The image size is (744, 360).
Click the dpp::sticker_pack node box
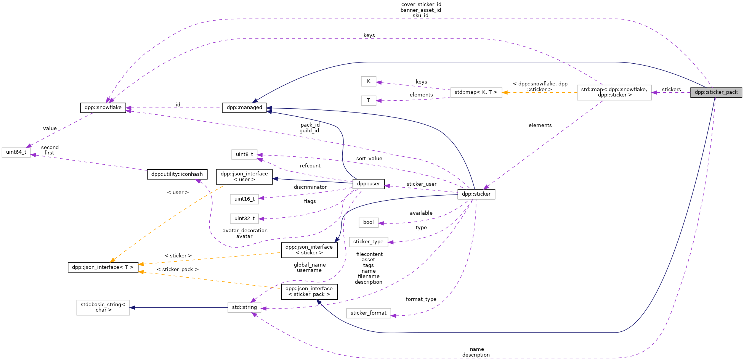click(x=716, y=92)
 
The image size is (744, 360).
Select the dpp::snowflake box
click(x=103, y=108)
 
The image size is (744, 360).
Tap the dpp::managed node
click(x=244, y=108)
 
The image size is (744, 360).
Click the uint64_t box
click(x=16, y=152)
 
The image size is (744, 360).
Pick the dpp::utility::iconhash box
click(x=177, y=174)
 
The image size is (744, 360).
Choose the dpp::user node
click(x=368, y=184)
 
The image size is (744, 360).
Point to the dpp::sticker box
click(x=476, y=194)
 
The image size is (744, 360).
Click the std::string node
click(x=244, y=307)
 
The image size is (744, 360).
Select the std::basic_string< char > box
click(x=103, y=307)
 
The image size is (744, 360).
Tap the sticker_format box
click(x=368, y=313)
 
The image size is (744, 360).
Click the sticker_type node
click(x=368, y=242)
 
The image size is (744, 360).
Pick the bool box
click(x=368, y=222)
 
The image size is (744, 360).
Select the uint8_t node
click(x=244, y=154)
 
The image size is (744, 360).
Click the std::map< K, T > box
click(x=476, y=92)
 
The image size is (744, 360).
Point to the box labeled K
click(x=368, y=81)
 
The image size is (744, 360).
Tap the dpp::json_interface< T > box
click(x=103, y=267)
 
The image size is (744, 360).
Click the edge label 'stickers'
click(x=671, y=90)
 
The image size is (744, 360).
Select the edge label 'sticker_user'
click(x=421, y=184)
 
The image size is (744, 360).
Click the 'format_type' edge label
click(x=421, y=299)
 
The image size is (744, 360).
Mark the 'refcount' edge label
click(x=310, y=166)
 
